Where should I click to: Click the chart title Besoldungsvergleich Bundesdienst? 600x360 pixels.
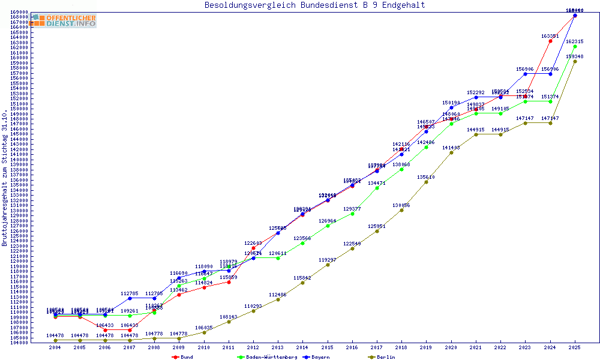[x=314, y=5]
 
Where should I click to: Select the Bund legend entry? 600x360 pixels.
[x=182, y=357]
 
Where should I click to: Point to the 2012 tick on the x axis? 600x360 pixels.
[x=253, y=347]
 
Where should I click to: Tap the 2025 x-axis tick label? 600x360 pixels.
[x=575, y=347]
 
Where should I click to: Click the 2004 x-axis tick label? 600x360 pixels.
[x=55, y=347]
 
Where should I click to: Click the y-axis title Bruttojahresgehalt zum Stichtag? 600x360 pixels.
[x=5, y=178]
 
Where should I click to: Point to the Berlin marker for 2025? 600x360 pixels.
[x=575, y=61]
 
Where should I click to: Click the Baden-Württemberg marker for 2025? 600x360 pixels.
[x=575, y=46]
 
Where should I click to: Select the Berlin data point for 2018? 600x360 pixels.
[x=401, y=210]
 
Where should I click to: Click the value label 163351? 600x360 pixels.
[x=550, y=36]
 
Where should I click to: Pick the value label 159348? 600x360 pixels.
[x=575, y=56]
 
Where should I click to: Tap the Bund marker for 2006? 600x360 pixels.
[x=105, y=330]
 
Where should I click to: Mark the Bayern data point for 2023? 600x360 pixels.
[x=526, y=74]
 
